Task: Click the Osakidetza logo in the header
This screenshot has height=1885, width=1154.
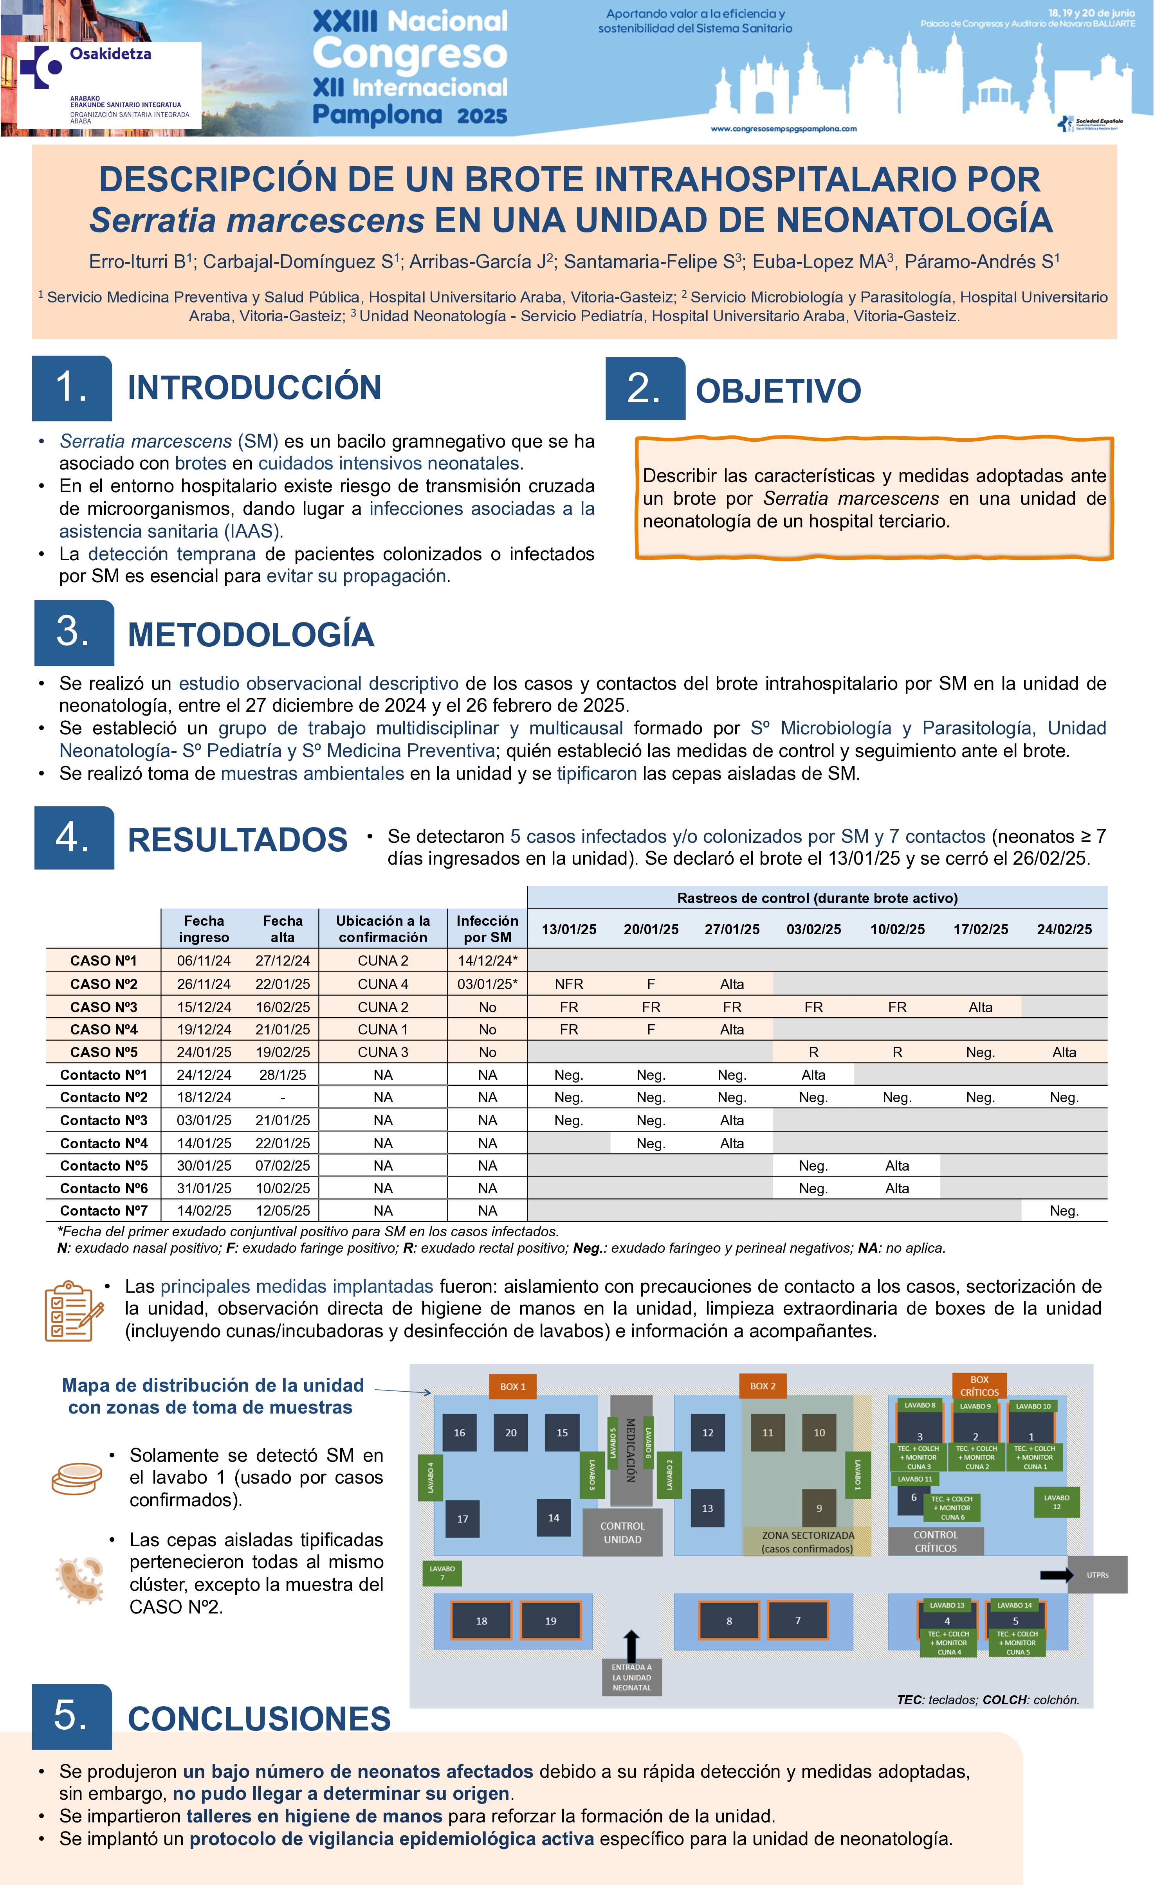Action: [109, 84]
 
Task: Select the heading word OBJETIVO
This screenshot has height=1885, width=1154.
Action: [777, 391]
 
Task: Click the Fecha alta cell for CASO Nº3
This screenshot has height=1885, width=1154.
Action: [282, 1007]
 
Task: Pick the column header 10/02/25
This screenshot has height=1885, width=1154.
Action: [897, 930]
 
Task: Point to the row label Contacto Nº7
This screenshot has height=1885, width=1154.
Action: [103, 1210]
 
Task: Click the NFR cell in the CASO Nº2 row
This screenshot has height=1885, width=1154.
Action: [568, 984]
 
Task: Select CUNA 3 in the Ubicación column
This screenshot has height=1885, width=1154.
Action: [382, 1052]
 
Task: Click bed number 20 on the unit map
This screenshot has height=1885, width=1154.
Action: [510, 1433]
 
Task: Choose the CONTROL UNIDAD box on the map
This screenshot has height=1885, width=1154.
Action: [622, 1532]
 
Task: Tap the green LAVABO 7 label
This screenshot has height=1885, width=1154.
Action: [442, 1573]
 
